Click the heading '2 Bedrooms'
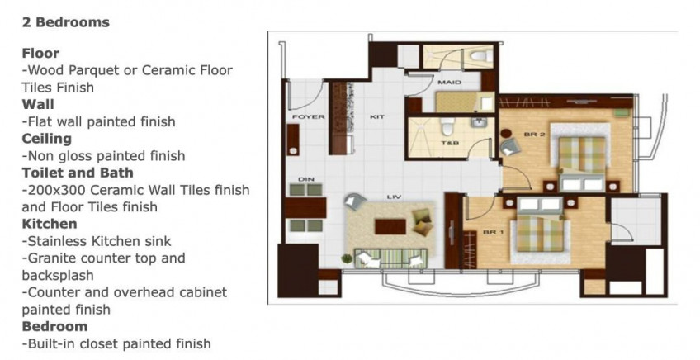point(65,22)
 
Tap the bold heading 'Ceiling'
point(46,139)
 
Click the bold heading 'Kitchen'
point(50,224)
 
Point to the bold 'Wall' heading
point(38,104)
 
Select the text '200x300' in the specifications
point(54,190)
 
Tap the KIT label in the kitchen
point(377,117)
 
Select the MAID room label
point(449,83)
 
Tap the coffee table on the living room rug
point(390,226)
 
